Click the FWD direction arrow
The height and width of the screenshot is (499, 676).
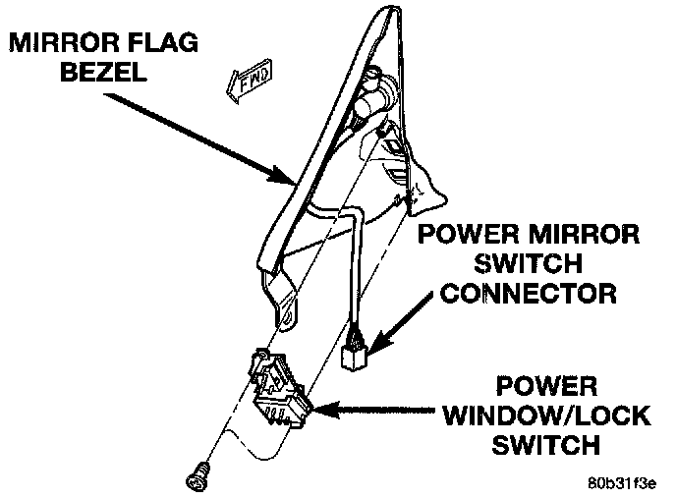[x=251, y=86]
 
